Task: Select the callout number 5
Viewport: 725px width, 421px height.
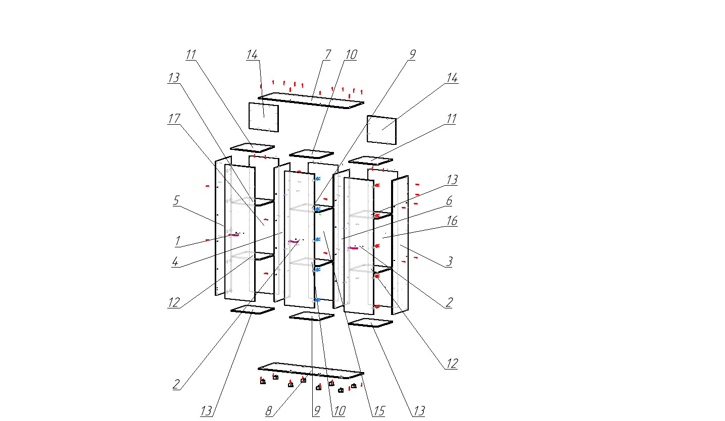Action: click(176, 200)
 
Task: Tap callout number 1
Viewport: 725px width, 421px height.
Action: click(177, 242)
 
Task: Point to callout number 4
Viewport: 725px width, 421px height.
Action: click(175, 263)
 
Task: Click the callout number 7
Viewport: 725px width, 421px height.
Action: click(327, 54)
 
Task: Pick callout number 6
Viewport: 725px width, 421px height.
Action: click(449, 201)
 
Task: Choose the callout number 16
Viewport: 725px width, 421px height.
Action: click(452, 221)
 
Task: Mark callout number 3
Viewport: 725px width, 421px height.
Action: click(448, 261)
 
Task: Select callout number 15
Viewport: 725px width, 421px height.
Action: click(378, 411)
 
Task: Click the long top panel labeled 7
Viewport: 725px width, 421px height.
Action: click(311, 100)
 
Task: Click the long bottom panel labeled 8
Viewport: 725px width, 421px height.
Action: click(311, 370)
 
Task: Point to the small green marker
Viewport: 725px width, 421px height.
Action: click(320, 214)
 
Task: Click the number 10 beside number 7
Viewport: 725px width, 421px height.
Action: click(351, 54)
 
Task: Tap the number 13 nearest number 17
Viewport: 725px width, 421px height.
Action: click(174, 78)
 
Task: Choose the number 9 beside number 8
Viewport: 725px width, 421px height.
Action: click(315, 411)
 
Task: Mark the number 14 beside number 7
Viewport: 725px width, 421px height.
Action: click(252, 54)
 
